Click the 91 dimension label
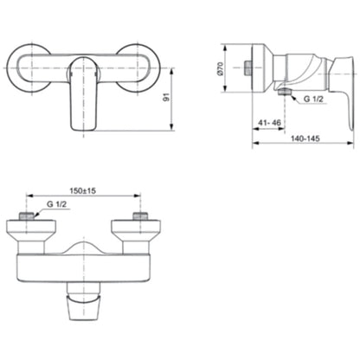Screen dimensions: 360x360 point(166,97)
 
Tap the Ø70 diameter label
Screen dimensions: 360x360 point(221,68)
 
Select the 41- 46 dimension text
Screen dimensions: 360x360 point(269,123)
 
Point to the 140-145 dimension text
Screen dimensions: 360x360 point(305,138)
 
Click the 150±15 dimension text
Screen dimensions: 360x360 point(83,190)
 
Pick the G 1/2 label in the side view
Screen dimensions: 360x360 point(313,99)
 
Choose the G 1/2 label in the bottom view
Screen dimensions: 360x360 point(57,204)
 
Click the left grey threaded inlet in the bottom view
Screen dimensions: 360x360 point(27,216)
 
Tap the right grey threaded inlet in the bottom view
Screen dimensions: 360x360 point(140,216)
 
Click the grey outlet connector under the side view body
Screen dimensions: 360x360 point(284,92)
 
